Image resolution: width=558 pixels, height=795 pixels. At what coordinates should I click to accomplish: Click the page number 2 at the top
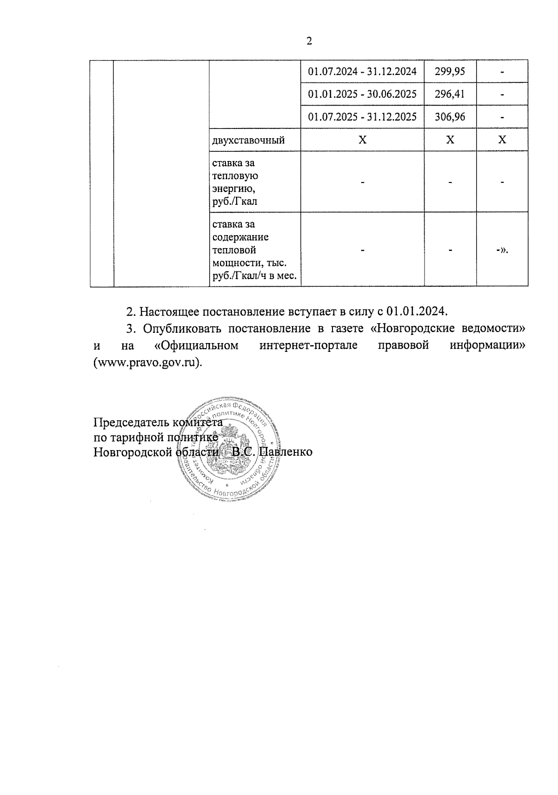click(309, 41)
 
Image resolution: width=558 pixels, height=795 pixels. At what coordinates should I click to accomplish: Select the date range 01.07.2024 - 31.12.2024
click(362, 71)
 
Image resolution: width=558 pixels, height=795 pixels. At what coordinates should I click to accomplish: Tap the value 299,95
click(449, 71)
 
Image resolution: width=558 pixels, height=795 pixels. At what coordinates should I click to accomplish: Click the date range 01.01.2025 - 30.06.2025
click(362, 94)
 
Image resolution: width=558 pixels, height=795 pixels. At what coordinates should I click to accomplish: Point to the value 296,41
click(449, 94)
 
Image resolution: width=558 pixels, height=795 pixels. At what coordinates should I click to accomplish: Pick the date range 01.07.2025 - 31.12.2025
click(362, 116)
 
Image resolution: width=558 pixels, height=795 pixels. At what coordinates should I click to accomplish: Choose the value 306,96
click(449, 116)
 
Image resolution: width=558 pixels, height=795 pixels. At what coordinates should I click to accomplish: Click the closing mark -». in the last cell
click(502, 250)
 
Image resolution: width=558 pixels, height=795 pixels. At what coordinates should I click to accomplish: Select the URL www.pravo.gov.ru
click(147, 363)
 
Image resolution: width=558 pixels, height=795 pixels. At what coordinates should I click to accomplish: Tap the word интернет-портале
click(309, 346)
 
